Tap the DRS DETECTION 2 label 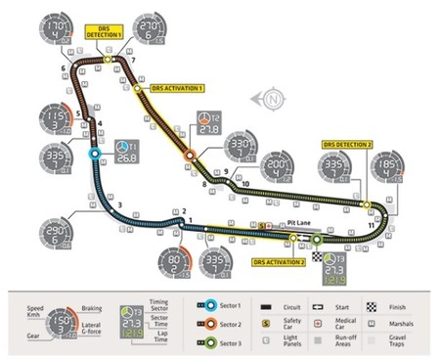click(346, 144)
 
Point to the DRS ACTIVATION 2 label click(279, 262)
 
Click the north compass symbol click(272, 98)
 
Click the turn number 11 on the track click(372, 226)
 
